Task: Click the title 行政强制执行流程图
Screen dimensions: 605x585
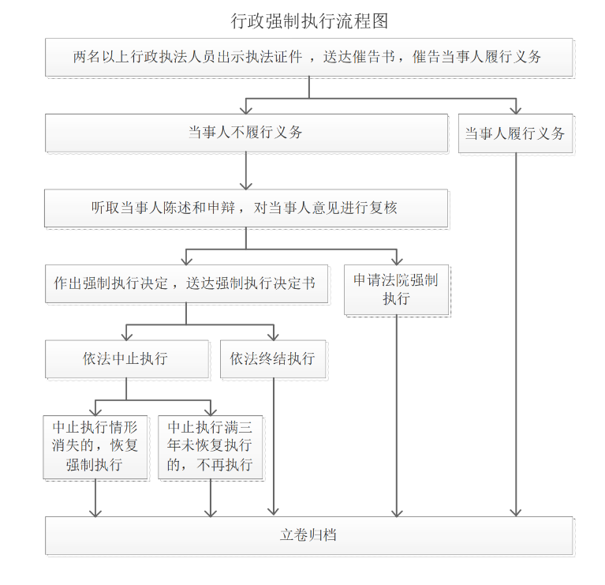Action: coord(309,21)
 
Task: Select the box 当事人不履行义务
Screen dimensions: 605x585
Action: coord(246,133)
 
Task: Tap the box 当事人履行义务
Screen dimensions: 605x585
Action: coord(516,133)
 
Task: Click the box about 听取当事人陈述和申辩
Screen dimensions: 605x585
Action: coord(246,208)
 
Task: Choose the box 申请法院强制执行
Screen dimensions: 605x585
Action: coord(396,290)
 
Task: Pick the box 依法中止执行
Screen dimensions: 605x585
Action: coord(126,359)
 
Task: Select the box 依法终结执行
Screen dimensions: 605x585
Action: coord(273,359)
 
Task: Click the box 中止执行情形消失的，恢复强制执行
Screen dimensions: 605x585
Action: coord(95,447)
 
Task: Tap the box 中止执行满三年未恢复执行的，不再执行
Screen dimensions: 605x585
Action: coord(211,447)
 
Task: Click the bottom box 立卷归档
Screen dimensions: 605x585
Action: coord(308,535)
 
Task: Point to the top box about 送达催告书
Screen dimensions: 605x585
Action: coord(308,57)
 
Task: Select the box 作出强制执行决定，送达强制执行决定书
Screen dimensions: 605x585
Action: coord(186,283)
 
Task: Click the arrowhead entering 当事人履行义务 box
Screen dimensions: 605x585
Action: coord(516,111)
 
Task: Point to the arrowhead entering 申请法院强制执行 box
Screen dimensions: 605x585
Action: coord(397,261)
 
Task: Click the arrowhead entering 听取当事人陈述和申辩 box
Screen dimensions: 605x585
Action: coord(246,186)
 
